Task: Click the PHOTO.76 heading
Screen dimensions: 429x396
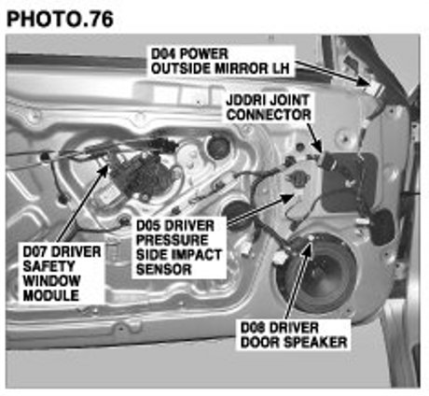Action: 60,20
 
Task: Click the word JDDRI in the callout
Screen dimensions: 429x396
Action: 245,100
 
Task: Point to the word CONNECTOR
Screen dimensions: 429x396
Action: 269,115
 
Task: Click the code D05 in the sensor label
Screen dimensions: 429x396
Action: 149,226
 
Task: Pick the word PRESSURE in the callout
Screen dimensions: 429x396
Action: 173,240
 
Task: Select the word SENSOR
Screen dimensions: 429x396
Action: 163,269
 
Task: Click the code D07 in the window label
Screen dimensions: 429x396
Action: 35,251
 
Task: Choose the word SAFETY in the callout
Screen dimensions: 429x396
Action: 48,266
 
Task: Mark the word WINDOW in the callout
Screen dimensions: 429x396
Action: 51,281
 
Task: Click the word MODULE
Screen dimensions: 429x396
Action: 50,295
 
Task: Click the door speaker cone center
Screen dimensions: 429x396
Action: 320,274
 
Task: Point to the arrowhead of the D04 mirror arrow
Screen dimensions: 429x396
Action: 363,81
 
